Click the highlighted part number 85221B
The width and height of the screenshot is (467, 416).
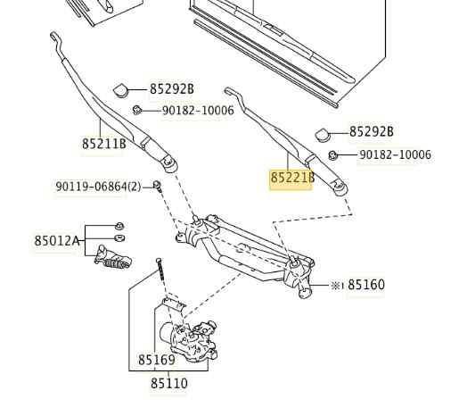[292, 178]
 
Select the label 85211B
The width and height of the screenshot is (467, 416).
[104, 144]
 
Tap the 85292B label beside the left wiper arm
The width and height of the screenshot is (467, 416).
[171, 89]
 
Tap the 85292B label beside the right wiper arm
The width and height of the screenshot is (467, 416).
[372, 131]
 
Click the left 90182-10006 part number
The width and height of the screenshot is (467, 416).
[198, 111]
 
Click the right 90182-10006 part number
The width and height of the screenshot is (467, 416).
[396, 154]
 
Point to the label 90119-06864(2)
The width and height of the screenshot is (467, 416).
[98, 187]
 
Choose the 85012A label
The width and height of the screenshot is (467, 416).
[57, 240]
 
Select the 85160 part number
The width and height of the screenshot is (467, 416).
[366, 285]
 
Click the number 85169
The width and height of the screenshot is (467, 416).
[157, 360]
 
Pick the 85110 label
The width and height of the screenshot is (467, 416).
[169, 384]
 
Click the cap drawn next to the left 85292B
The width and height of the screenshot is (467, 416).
[121, 90]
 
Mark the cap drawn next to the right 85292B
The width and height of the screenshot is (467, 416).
[323, 134]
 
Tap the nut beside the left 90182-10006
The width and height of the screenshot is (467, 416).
[136, 110]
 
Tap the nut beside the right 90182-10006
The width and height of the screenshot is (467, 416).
[332, 155]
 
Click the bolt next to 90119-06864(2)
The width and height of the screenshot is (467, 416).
[157, 186]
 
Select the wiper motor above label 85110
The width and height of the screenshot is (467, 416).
[188, 340]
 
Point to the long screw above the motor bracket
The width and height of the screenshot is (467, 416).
[160, 270]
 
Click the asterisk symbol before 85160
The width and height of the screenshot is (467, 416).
[336, 286]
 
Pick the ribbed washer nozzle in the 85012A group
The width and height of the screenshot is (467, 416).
[112, 258]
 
